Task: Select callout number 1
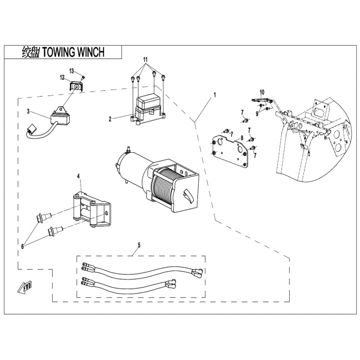pos(215,94)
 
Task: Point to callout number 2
pos(110,119)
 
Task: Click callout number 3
pos(28,112)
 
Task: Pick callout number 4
pos(78,176)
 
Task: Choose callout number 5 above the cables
pos(139,245)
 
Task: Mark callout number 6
pos(22,246)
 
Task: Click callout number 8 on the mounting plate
pos(242,138)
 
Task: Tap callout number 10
pos(262,92)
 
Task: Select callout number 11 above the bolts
pos(145,60)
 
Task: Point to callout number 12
pos(62,77)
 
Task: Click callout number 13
pos(72,71)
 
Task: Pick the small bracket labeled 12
pos(76,86)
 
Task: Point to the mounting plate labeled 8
pos(229,151)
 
